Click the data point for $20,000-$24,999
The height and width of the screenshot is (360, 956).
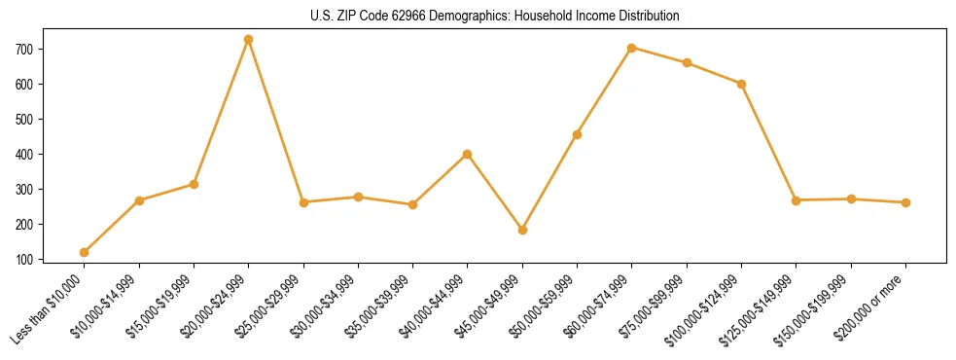click(249, 40)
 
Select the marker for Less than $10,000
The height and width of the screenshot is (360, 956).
click(85, 253)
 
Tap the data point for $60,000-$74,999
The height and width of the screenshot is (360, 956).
click(632, 48)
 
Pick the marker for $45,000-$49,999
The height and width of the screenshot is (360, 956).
click(522, 231)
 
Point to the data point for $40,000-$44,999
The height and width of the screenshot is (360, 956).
click(468, 154)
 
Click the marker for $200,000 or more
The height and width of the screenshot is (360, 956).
click(905, 202)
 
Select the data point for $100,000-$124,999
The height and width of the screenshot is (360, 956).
click(741, 84)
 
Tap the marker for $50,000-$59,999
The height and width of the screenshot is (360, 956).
click(578, 134)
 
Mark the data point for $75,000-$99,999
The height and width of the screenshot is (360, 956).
click(687, 62)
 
